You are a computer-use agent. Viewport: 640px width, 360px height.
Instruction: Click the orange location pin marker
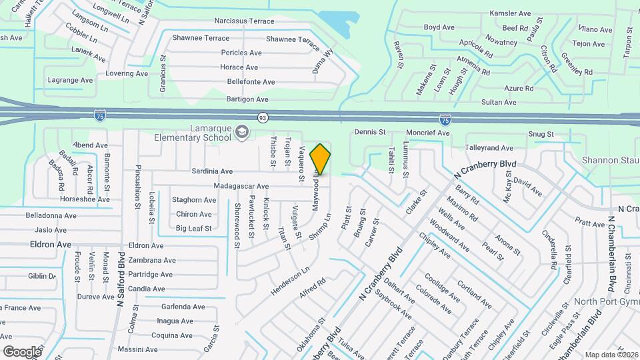[321, 159]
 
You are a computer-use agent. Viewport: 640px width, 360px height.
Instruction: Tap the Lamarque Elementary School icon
[241, 133]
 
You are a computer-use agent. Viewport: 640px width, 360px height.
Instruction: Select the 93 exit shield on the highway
[263, 117]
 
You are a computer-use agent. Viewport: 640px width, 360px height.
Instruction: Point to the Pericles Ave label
[241, 53]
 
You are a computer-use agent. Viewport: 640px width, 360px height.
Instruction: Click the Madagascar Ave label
[241, 186]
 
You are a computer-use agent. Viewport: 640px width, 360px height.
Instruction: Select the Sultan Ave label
[499, 102]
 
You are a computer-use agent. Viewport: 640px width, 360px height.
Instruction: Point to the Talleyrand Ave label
[489, 147]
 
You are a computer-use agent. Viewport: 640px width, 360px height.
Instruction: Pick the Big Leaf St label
[193, 229]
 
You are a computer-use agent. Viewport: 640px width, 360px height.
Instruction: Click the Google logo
[22, 351]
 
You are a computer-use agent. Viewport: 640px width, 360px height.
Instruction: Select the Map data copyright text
[611, 355]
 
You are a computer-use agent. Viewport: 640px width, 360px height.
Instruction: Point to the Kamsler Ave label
[510, 13]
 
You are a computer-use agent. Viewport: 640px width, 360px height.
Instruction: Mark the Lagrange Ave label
[70, 80]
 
